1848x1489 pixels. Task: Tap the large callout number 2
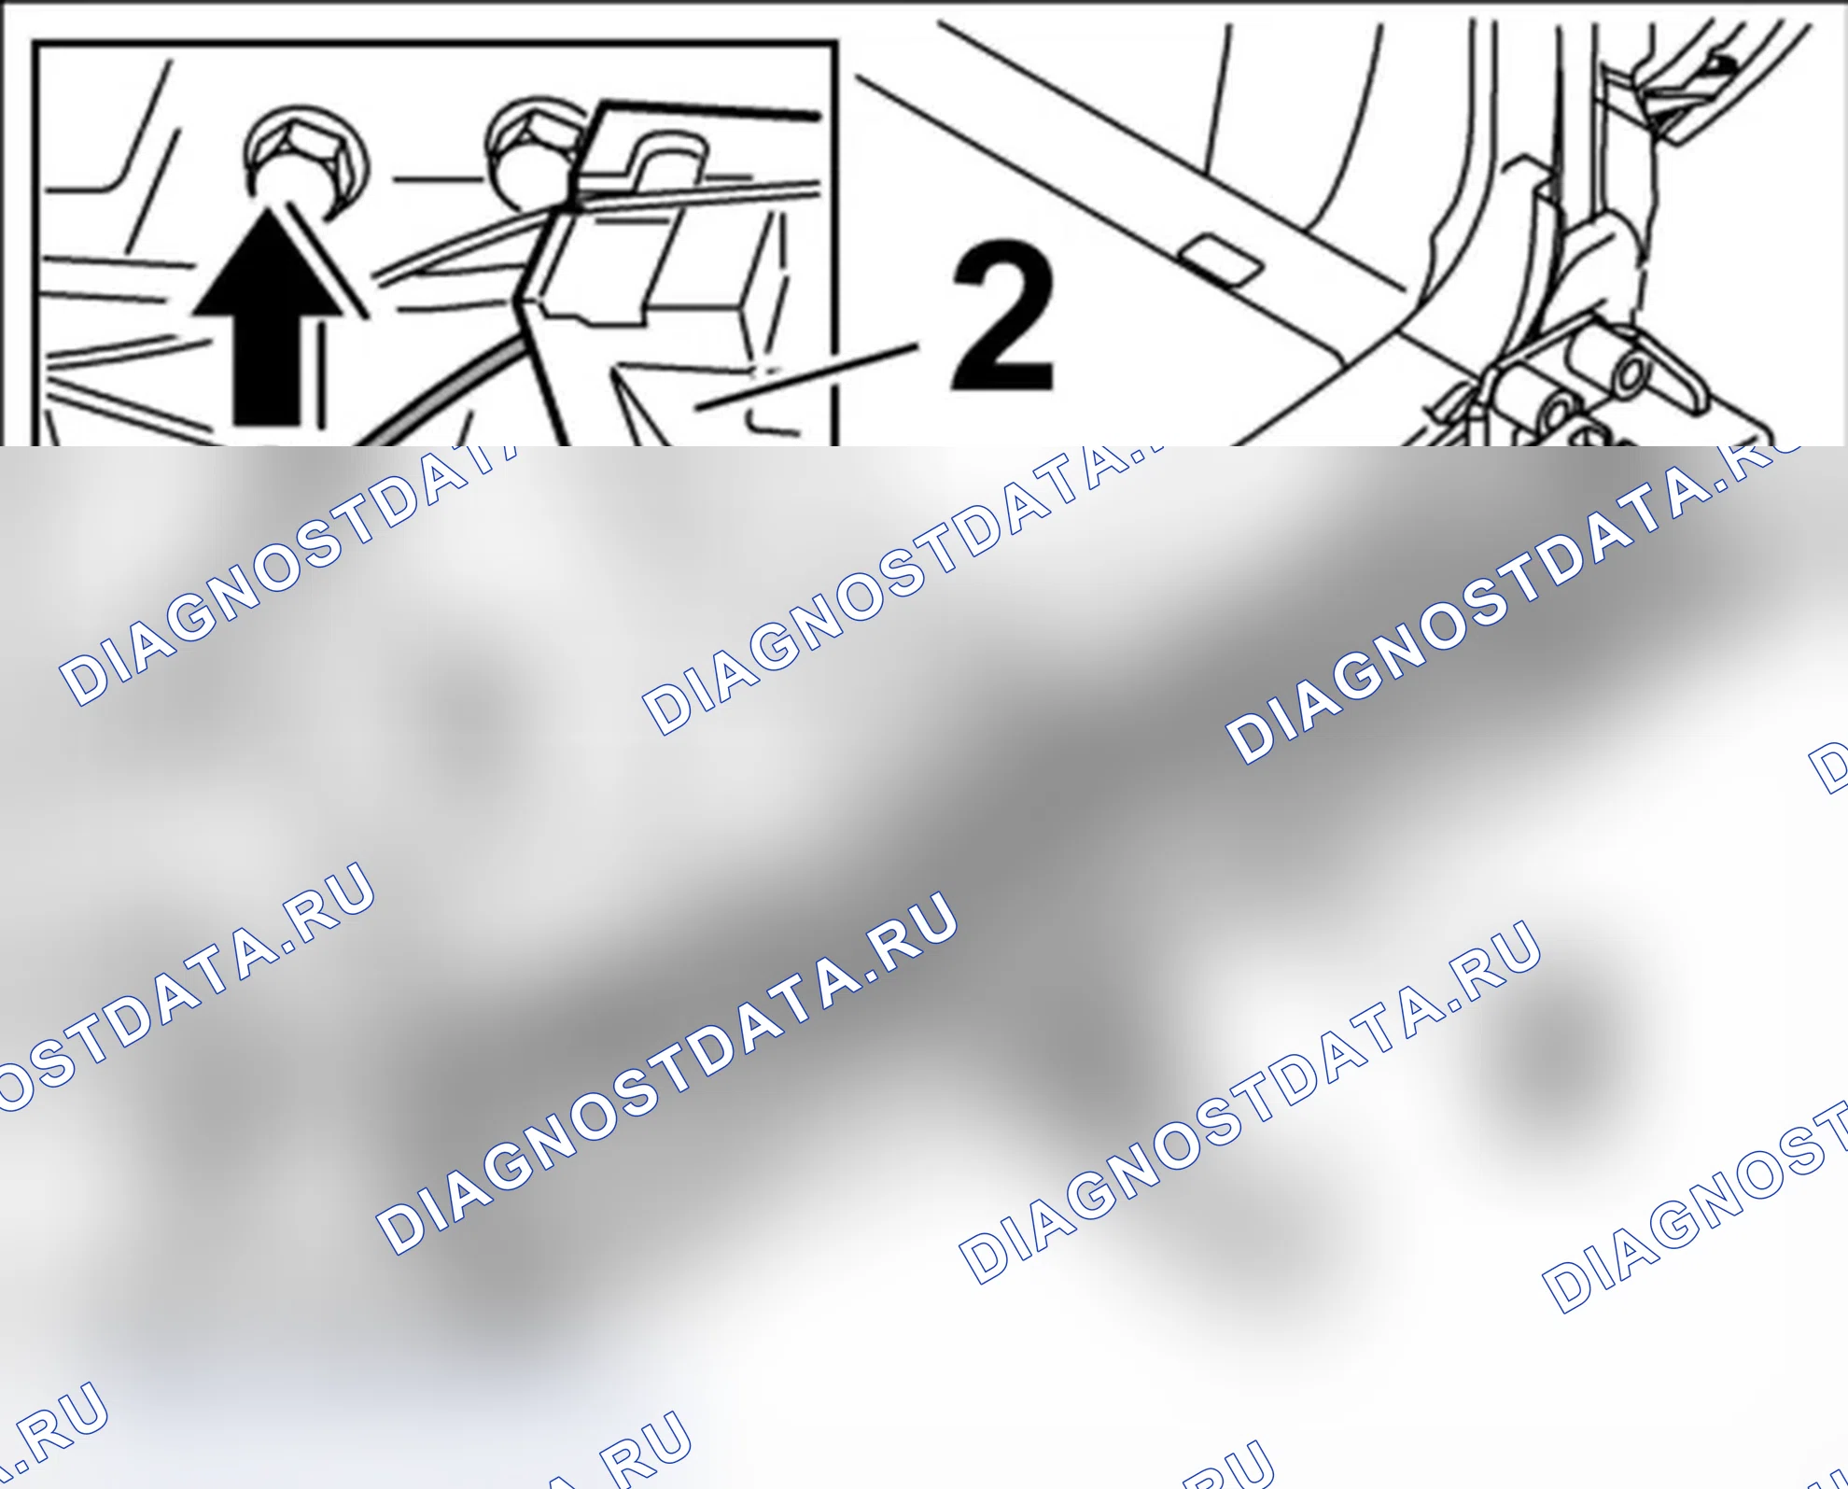click(1003, 316)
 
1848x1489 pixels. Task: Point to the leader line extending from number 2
click(807, 376)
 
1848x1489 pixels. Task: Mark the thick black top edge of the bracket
click(709, 109)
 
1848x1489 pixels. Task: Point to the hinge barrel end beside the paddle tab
click(1633, 375)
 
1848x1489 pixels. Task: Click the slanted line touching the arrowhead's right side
click(327, 261)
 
